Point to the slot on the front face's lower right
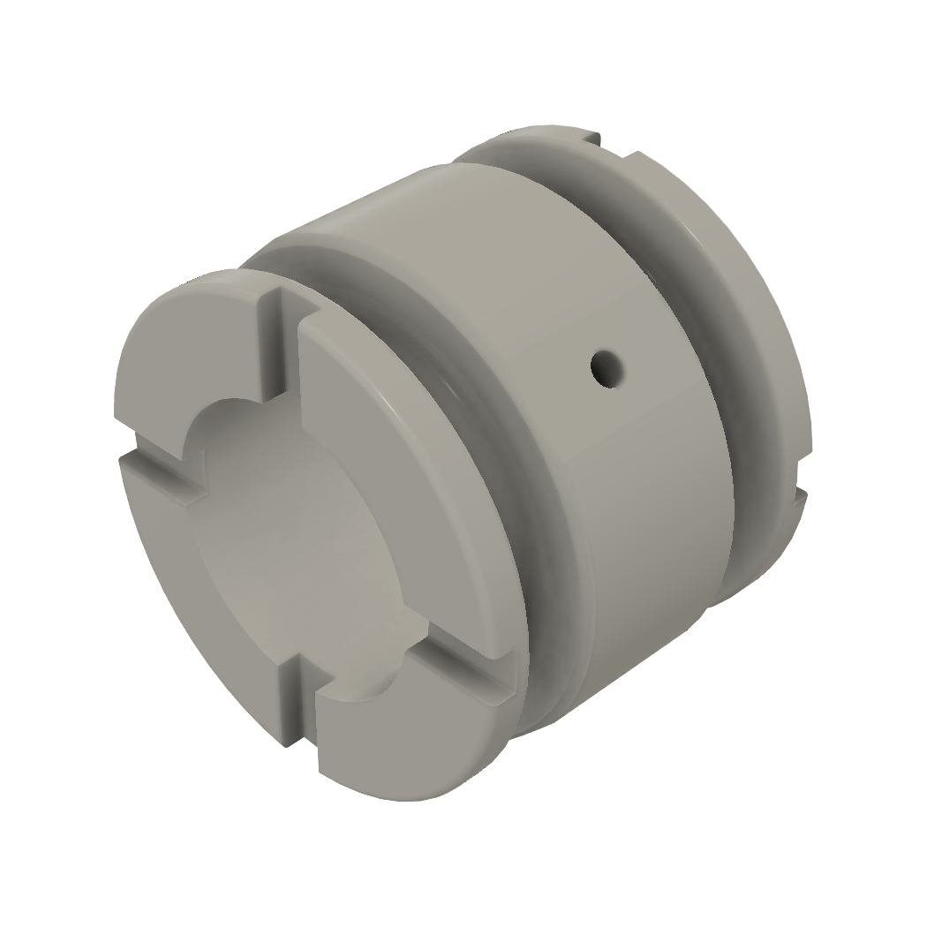click(x=459, y=680)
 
